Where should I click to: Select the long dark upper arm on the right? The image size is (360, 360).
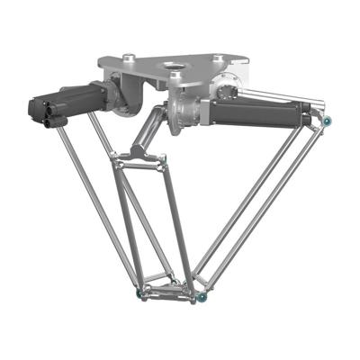261,113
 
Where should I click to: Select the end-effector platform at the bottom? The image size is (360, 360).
167,290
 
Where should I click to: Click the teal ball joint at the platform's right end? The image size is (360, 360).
204,295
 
